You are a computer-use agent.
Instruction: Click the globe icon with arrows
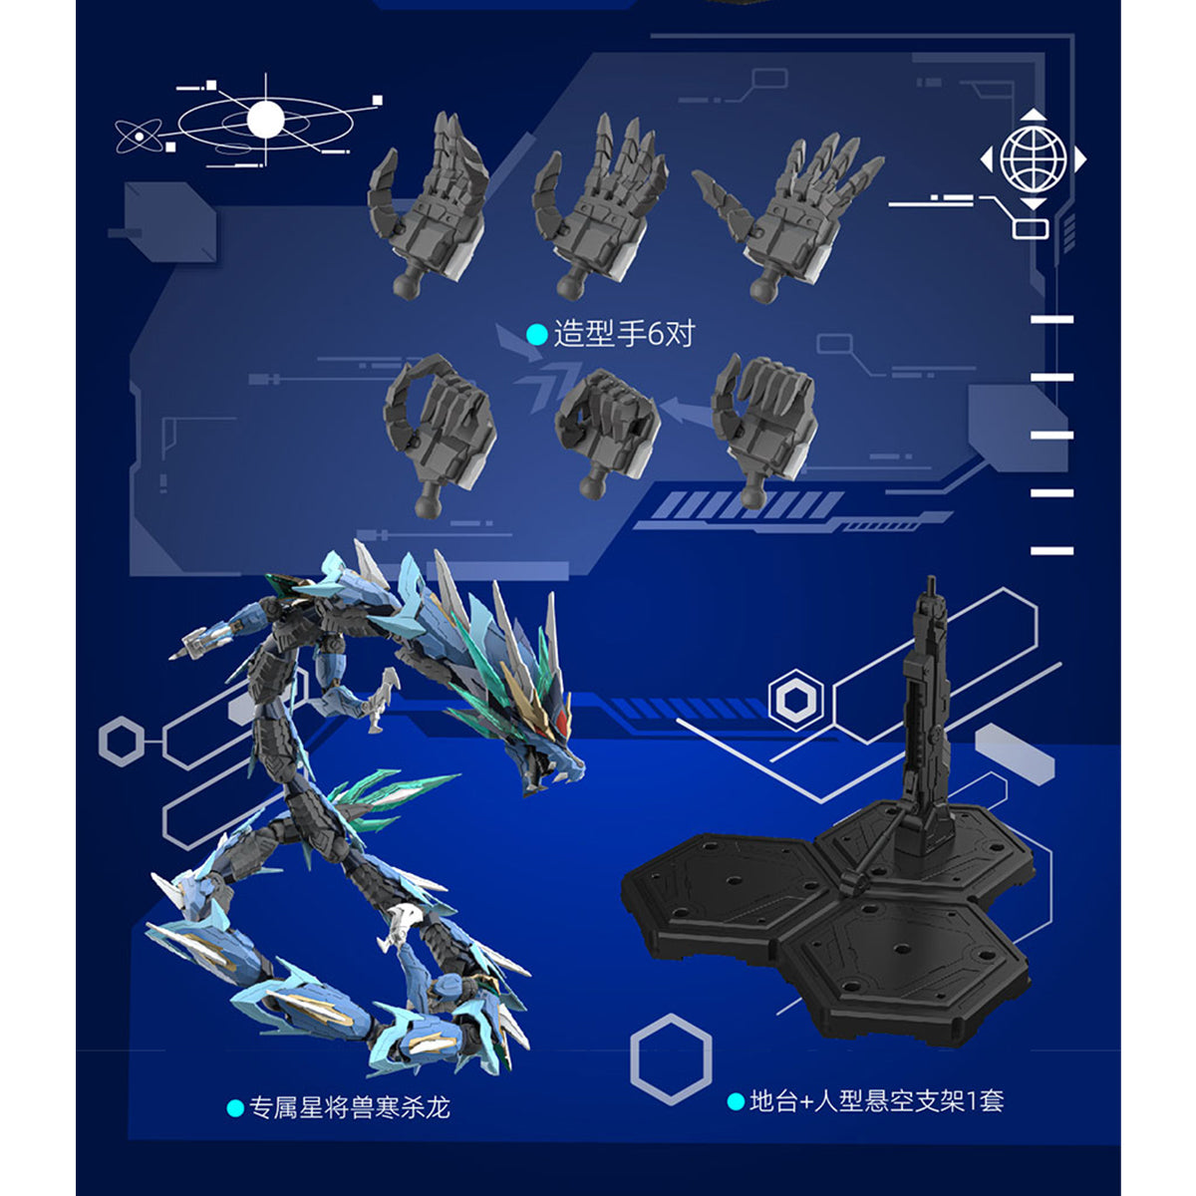[1034, 158]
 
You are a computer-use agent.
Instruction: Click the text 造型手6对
[623, 333]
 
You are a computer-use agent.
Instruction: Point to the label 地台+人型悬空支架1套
[876, 1101]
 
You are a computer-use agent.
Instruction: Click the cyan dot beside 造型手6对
[537, 334]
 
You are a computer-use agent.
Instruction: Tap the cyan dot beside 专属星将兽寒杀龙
[235, 1108]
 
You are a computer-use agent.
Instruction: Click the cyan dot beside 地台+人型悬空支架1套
[736, 1102]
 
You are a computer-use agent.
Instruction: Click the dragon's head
[538, 743]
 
